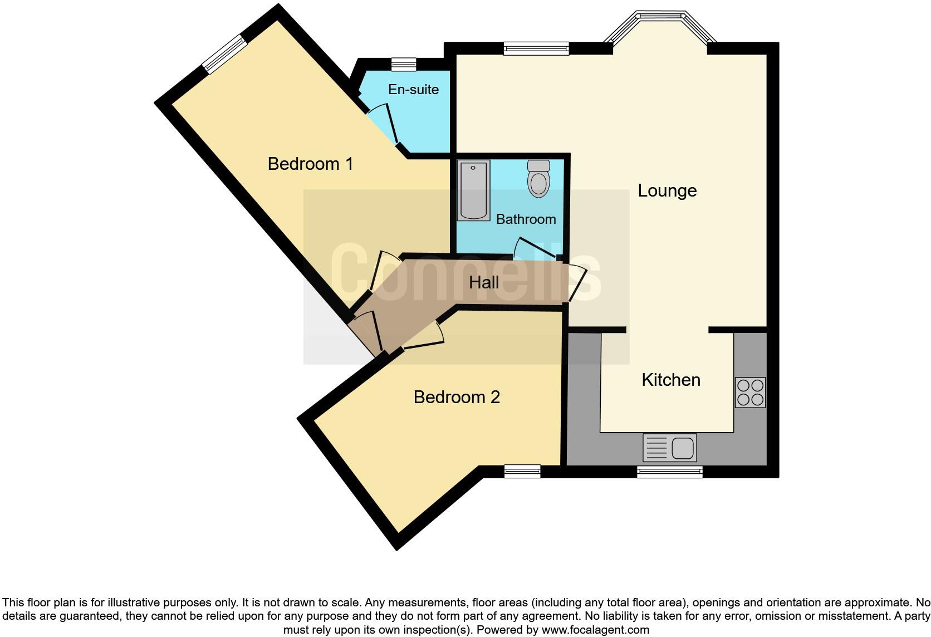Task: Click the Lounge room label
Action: [x=667, y=191]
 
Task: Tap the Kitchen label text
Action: [x=670, y=380]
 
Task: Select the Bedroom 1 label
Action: [x=310, y=164]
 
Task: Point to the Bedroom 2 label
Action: [x=457, y=397]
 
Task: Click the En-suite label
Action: [x=413, y=90]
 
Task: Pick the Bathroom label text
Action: [x=526, y=219]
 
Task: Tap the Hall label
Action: [x=483, y=282]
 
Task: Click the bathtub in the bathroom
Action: [x=473, y=190]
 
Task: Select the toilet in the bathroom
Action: [x=538, y=178]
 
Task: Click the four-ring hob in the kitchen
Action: [x=750, y=393]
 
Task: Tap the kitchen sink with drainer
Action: [x=669, y=448]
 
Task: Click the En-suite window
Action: [x=404, y=65]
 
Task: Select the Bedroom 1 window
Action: [x=224, y=54]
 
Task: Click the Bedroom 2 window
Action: [x=522, y=472]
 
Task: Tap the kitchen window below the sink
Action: [x=669, y=472]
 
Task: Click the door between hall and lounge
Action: [x=577, y=283]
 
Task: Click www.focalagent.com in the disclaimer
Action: [x=595, y=630]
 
